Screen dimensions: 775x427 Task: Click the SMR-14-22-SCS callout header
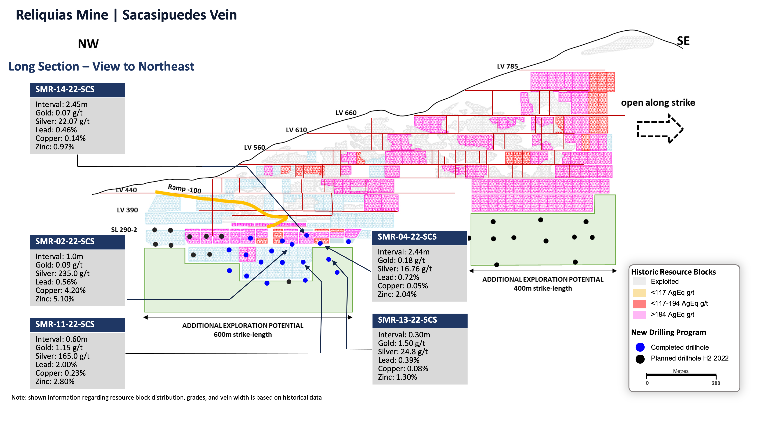[77, 90]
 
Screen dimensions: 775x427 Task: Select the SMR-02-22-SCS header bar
[77, 242]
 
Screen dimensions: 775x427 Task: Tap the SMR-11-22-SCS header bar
[77, 325]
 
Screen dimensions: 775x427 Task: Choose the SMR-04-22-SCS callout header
[420, 237]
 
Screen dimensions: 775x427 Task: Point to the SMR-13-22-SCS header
[420, 320]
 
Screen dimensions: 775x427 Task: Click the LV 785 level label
[507, 66]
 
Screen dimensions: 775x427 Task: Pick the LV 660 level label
[346, 113]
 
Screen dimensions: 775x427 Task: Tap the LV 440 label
[126, 190]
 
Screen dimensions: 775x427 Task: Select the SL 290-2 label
[124, 230]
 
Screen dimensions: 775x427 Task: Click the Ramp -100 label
[184, 189]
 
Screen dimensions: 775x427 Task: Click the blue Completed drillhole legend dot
[640, 347]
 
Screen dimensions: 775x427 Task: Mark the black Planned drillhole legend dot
[640, 359]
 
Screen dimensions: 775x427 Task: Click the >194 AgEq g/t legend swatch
[639, 315]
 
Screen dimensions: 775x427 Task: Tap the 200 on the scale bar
[716, 383]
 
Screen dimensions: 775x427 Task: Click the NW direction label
[88, 44]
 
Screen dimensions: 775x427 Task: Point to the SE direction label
[683, 41]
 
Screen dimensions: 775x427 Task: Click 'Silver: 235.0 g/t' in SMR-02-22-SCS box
[63, 273]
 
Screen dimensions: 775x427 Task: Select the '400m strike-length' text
[543, 289]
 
